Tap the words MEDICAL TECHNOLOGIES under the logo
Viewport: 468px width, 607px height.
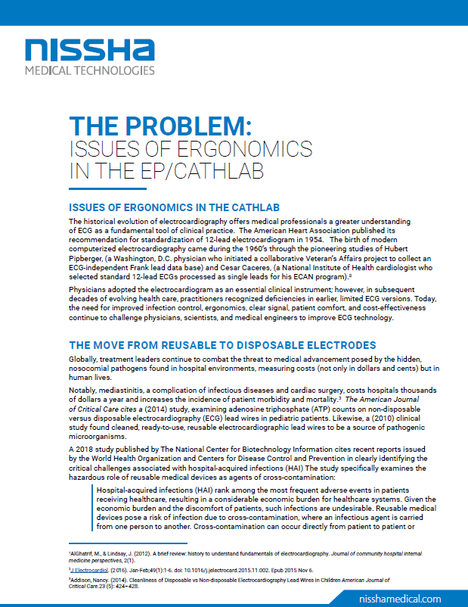point(89,70)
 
